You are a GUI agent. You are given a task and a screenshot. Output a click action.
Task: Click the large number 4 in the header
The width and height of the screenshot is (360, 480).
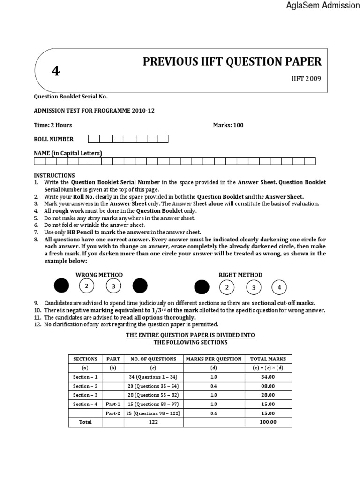[x=56, y=71]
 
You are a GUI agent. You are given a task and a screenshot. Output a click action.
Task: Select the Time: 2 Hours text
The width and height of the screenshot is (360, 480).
[x=52, y=125]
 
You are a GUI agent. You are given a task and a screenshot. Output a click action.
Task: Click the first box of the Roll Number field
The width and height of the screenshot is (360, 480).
[x=93, y=139]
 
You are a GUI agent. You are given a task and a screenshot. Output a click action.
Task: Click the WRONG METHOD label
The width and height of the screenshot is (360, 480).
[x=100, y=275]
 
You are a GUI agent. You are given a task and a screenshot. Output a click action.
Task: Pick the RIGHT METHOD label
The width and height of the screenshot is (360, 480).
[x=240, y=275]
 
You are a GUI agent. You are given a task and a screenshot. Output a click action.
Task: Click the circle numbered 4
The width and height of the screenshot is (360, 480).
[x=279, y=287]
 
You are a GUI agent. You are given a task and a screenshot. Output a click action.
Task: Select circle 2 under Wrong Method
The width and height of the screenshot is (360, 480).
[x=86, y=285]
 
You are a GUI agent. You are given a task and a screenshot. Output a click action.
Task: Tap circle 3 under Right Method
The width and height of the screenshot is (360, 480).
[x=254, y=287]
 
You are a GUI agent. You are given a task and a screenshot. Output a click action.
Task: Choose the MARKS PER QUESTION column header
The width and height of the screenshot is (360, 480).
[x=214, y=359]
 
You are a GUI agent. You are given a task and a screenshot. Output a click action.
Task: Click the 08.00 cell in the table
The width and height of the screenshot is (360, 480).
[x=268, y=386]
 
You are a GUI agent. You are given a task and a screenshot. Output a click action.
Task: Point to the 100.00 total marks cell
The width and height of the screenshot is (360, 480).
[x=268, y=422]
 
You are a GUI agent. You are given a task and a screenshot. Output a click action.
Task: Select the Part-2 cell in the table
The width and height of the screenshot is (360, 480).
[x=112, y=413]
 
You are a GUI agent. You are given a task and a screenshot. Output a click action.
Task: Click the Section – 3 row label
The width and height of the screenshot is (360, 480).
[x=85, y=395]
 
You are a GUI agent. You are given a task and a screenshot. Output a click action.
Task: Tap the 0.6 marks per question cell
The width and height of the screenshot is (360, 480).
[x=214, y=413]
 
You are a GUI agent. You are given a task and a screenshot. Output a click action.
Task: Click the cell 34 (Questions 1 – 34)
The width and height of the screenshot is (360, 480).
[x=154, y=377]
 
